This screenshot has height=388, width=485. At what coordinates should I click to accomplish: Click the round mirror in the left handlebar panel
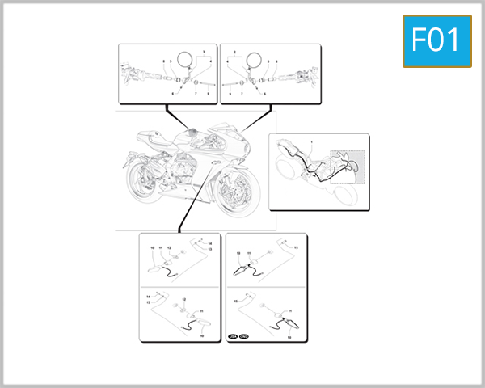(x=185, y=60)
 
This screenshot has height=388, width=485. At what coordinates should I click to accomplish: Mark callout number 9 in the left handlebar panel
(x=209, y=94)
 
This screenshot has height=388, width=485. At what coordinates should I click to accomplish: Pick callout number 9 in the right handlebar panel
(x=230, y=94)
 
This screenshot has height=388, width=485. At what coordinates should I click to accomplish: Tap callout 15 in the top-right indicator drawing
(x=296, y=247)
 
